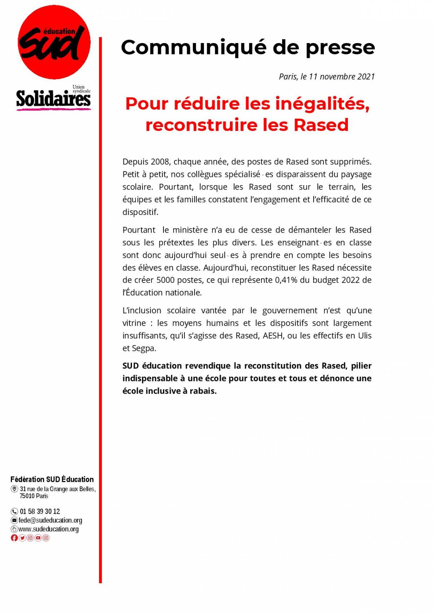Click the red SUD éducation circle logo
(54, 42)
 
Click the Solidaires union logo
(53, 99)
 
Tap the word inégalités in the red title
(322, 104)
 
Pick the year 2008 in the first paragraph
(159, 162)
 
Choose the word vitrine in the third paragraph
(134, 323)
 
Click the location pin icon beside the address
(14, 489)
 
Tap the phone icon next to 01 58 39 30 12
(14, 511)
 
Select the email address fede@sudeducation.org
(50, 520)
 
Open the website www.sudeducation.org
(48, 529)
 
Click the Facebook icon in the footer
(14, 538)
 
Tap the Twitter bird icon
(22, 538)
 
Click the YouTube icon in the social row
(38, 538)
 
